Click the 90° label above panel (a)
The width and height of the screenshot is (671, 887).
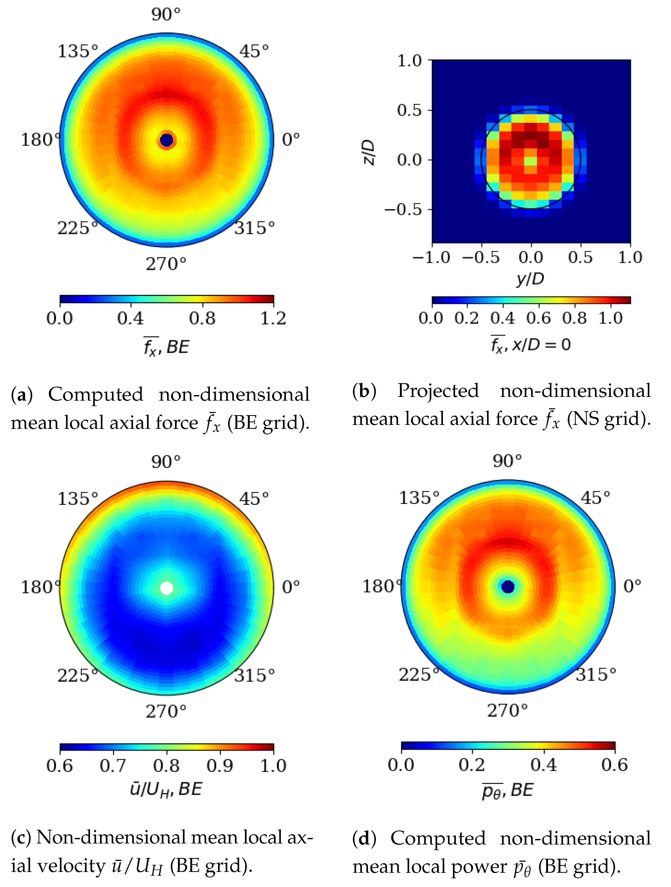click(x=166, y=15)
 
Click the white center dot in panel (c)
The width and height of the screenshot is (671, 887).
click(x=167, y=588)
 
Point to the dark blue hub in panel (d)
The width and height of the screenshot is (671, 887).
click(x=508, y=586)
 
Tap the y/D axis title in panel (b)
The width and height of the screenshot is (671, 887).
click(x=530, y=278)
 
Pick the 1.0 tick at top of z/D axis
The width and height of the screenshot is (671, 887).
click(x=409, y=61)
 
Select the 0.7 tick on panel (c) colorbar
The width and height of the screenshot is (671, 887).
click(x=113, y=766)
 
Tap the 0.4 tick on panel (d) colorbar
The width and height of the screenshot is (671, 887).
click(x=544, y=765)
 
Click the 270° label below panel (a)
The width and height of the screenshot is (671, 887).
click(x=166, y=264)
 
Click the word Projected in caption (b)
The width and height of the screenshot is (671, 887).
click(x=438, y=391)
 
